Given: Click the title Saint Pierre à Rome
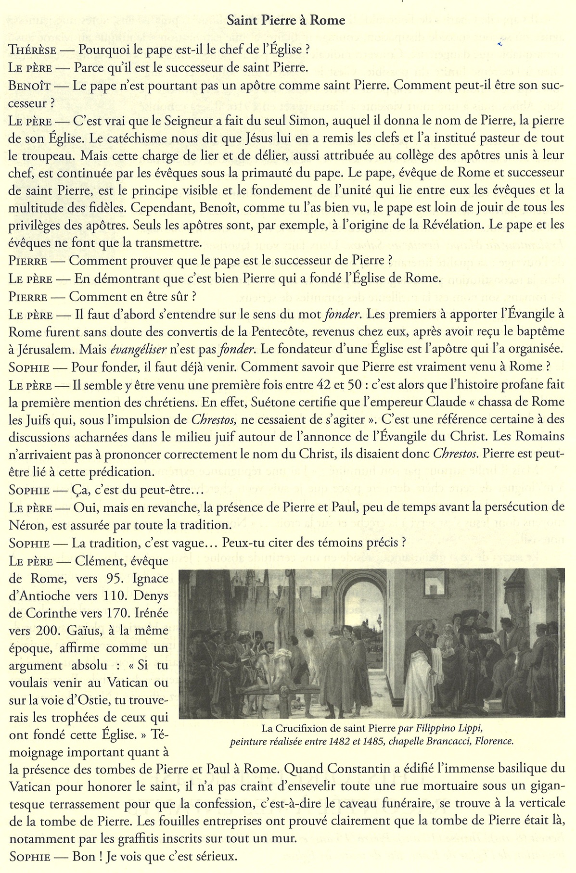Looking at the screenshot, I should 286,20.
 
